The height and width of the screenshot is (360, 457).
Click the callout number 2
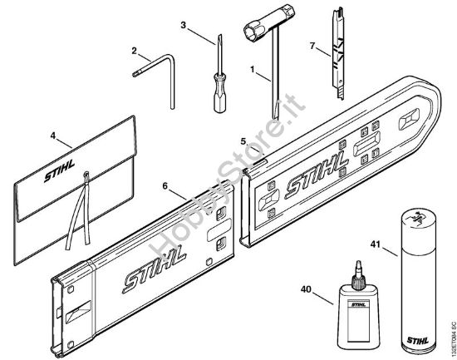click(133, 52)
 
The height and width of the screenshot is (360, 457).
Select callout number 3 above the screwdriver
click(183, 25)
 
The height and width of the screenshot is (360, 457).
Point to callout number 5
click(243, 142)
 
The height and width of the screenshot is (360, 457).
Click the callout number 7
click(313, 46)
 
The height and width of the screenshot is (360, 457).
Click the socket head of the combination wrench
click(253, 34)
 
